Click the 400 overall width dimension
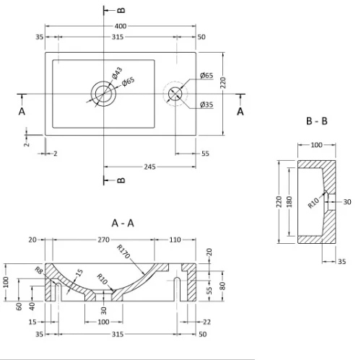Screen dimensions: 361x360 pos(121,26)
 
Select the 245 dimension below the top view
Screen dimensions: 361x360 pos(149,167)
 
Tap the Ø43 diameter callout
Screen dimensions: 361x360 pos(117,73)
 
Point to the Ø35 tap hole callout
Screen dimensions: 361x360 pos(206,105)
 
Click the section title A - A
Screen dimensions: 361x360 pos(123,224)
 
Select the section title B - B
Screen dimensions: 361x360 pos(317,121)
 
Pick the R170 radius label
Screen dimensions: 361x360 pos(123,251)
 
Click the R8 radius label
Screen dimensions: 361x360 pos(39,270)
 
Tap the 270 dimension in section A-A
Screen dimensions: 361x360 pos(103,240)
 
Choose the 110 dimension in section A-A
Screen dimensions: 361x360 pos(175,240)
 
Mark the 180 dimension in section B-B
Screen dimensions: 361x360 pos(290,202)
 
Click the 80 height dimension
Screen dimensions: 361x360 pos(222,286)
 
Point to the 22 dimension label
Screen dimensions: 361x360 pos(206,322)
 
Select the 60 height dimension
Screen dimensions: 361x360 pos(19,307)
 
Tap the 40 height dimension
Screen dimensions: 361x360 pos(32,307)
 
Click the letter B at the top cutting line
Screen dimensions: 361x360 pos(121,10)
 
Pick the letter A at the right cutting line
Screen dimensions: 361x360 pos(240,111)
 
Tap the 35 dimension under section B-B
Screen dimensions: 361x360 pos(342,261)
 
